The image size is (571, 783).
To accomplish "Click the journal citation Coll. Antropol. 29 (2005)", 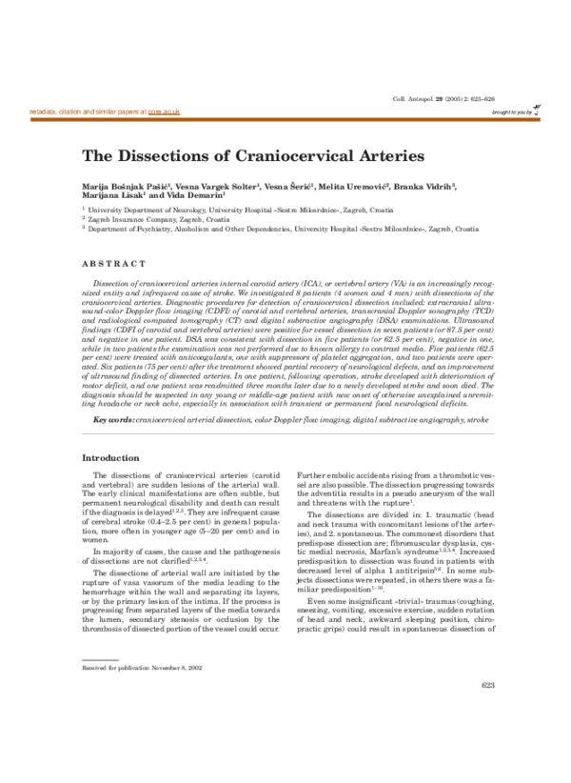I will click(441, 99).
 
